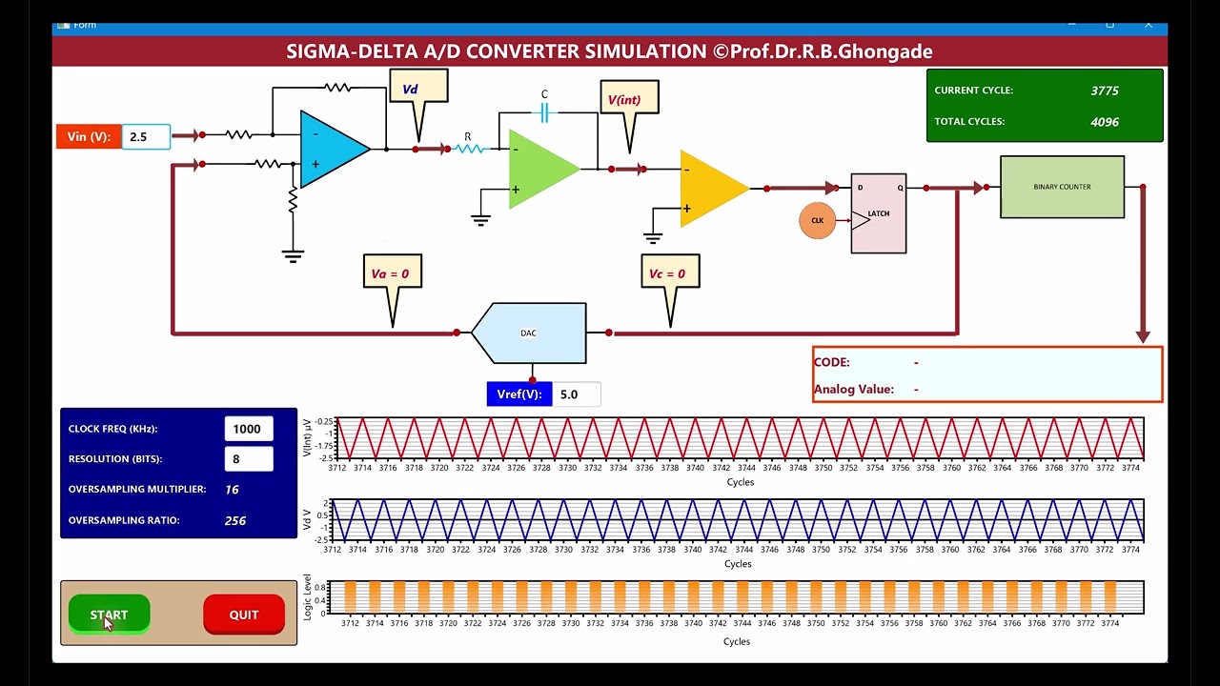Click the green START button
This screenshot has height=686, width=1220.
tap(109, 615)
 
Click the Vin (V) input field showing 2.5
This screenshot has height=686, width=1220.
tap(146, 136)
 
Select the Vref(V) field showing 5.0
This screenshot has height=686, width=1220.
tap(576, 394)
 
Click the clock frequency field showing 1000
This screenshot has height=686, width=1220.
tap(248, 429)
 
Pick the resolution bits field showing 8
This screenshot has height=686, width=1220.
tap(248, 458)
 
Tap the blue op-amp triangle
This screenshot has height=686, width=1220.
tap(331, 149)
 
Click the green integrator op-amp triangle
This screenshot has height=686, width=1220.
tap(539, 169)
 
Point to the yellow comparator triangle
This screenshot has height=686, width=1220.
tap(711, 189)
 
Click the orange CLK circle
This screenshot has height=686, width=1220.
tap(817, 221)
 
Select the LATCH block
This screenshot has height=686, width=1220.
tap(879, 213)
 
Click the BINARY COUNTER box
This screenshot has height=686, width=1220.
tap(1062, 187)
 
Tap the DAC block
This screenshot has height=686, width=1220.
tap(530, 333)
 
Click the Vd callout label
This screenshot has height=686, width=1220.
tap(417, 90)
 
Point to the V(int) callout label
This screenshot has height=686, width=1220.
tap(629, 100)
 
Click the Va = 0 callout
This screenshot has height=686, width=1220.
tap(392, 273)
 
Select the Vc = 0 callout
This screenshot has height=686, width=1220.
tap(670, 273)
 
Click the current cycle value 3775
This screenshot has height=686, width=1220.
tap(1105, 91)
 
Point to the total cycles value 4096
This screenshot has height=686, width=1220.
tap(1105, 122)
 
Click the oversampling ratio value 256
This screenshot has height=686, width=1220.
tap(235, 520)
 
